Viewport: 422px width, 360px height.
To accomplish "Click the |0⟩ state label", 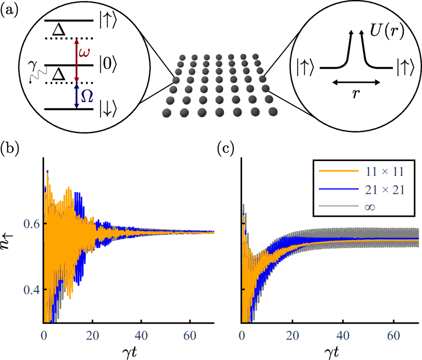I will (108, 65).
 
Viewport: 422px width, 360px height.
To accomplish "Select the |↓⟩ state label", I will (108, 109).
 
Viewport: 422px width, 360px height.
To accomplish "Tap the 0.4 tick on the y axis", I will (32, 290).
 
